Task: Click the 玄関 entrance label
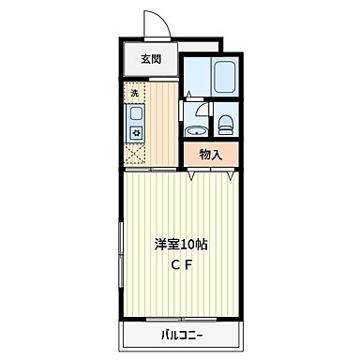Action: tap(151, 59)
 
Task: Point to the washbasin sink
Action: tap(197, 130)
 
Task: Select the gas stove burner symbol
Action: tap(134, 132)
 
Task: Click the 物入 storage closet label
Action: tap(210, 155)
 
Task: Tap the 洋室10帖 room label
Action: tap(180, 244)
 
